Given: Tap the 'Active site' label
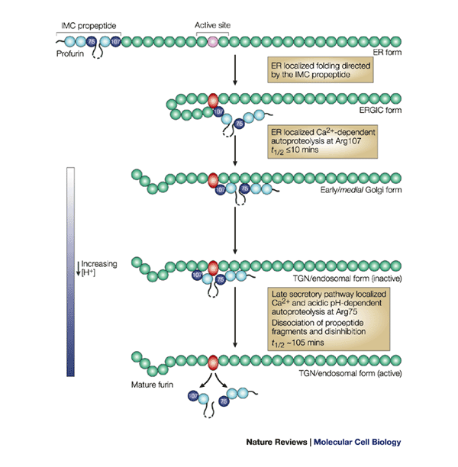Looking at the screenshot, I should point(213,24).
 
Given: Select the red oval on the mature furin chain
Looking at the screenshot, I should point(213,359).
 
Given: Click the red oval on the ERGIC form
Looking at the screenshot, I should point(213,99).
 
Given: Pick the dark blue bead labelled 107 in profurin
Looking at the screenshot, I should point(114,42).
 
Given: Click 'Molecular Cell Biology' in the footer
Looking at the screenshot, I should point(357,442).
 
